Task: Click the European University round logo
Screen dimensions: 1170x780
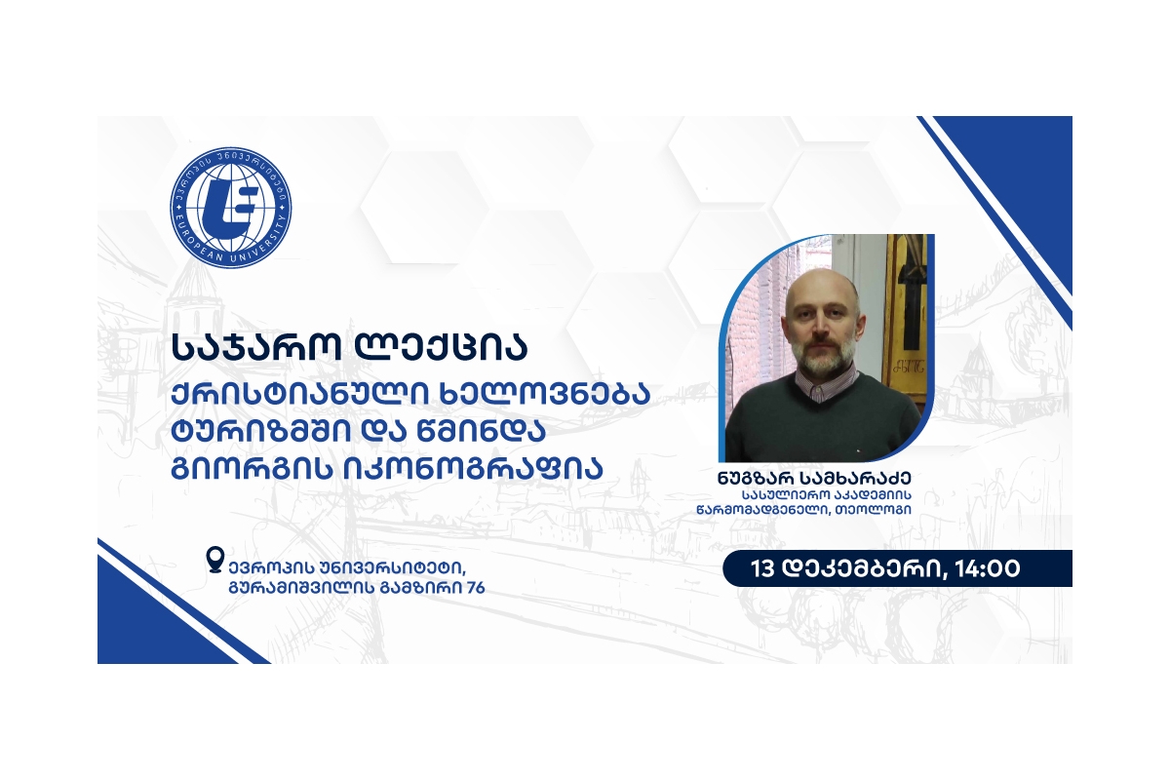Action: [x=231, y=208]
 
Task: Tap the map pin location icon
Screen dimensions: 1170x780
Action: [x=215, y=560]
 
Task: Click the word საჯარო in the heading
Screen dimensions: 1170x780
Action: [x=255, y=347]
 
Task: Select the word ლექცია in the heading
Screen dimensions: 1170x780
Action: [x=442, y=347]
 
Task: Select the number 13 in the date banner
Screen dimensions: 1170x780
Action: [x=762, y=568]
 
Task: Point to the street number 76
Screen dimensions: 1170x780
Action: [x=476, y=588]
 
